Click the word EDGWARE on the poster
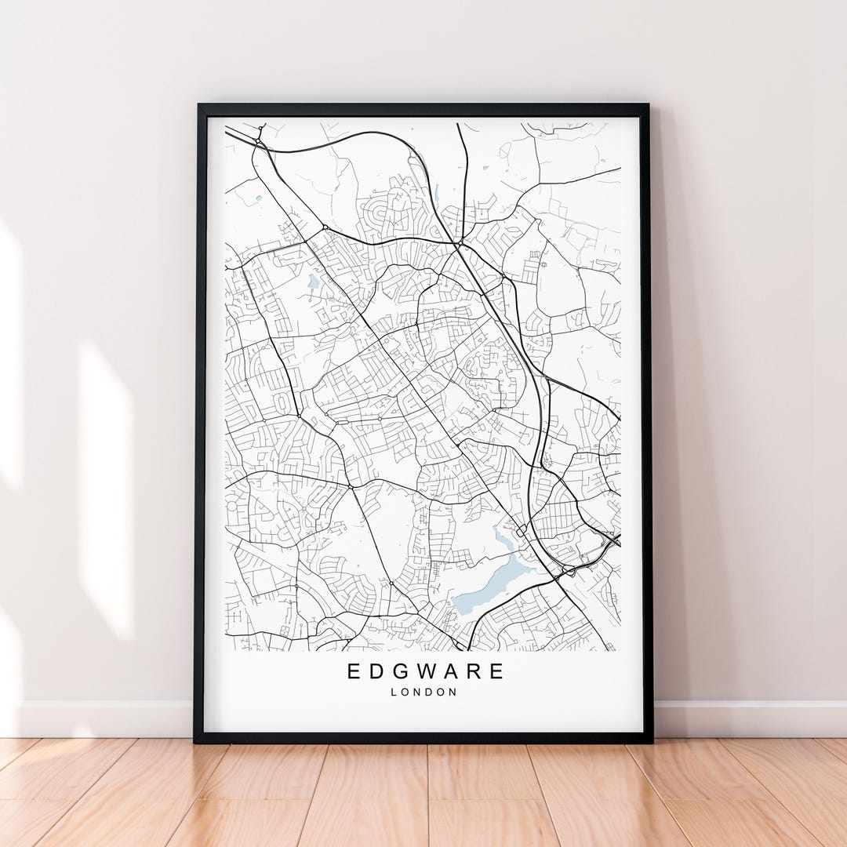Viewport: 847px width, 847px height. [426, 671]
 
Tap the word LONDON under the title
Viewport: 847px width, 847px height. [424, 693]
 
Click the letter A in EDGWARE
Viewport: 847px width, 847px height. [454, 671]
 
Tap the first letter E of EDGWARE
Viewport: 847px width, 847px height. [353, 671]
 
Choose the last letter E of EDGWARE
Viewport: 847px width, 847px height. [498, 671]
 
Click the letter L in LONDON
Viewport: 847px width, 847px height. [394, 693]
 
